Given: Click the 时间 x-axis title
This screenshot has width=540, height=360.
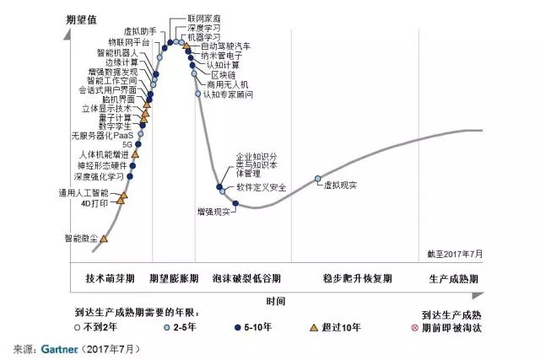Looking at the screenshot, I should pos(275,300).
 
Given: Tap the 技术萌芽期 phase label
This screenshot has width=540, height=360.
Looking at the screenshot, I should pos(110,278).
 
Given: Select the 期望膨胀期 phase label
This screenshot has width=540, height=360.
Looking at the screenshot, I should pos(174,278).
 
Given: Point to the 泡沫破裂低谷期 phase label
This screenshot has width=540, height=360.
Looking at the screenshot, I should pos(246,278).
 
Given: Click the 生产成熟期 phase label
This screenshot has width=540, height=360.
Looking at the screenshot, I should pos(453,278).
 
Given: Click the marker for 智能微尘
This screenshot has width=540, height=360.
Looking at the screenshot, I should pos(104,239).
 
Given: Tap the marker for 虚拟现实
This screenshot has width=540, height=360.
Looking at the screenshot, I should pos(318,179).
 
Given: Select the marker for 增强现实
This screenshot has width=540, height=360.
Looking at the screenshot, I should pos(235,203).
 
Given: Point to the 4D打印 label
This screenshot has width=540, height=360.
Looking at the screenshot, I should pos(94,203).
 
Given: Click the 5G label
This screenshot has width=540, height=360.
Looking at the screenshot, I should pos(127,145).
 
